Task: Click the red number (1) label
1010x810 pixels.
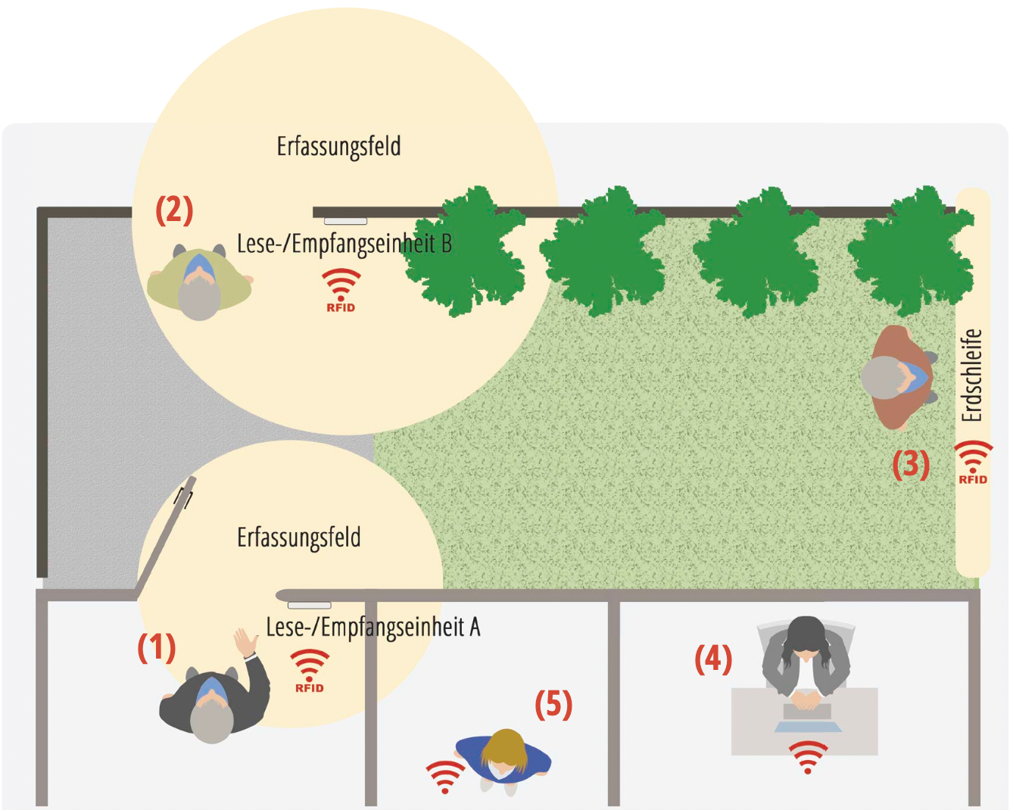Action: tap(157, 647)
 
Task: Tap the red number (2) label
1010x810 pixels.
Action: tap(174, 210)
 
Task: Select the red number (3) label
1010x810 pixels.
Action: tap(910, 463)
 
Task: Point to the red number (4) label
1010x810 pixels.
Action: tap(713, 659)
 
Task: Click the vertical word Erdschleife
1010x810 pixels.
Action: tap(971, 375)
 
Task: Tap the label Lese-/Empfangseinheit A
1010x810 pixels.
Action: tap(373, 627)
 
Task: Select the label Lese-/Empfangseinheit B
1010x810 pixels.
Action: tap(344, 244)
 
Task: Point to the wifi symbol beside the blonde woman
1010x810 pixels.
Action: tap(445, 776)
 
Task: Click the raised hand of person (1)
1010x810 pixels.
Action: tap(245, 643)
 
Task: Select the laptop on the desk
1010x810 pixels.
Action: tap(807, 718)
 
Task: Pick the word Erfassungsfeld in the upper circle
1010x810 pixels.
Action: tap(338, 146)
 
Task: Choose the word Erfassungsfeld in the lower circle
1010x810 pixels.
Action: tap(299, 537)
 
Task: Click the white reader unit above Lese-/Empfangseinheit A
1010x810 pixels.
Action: tap(310, 605)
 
